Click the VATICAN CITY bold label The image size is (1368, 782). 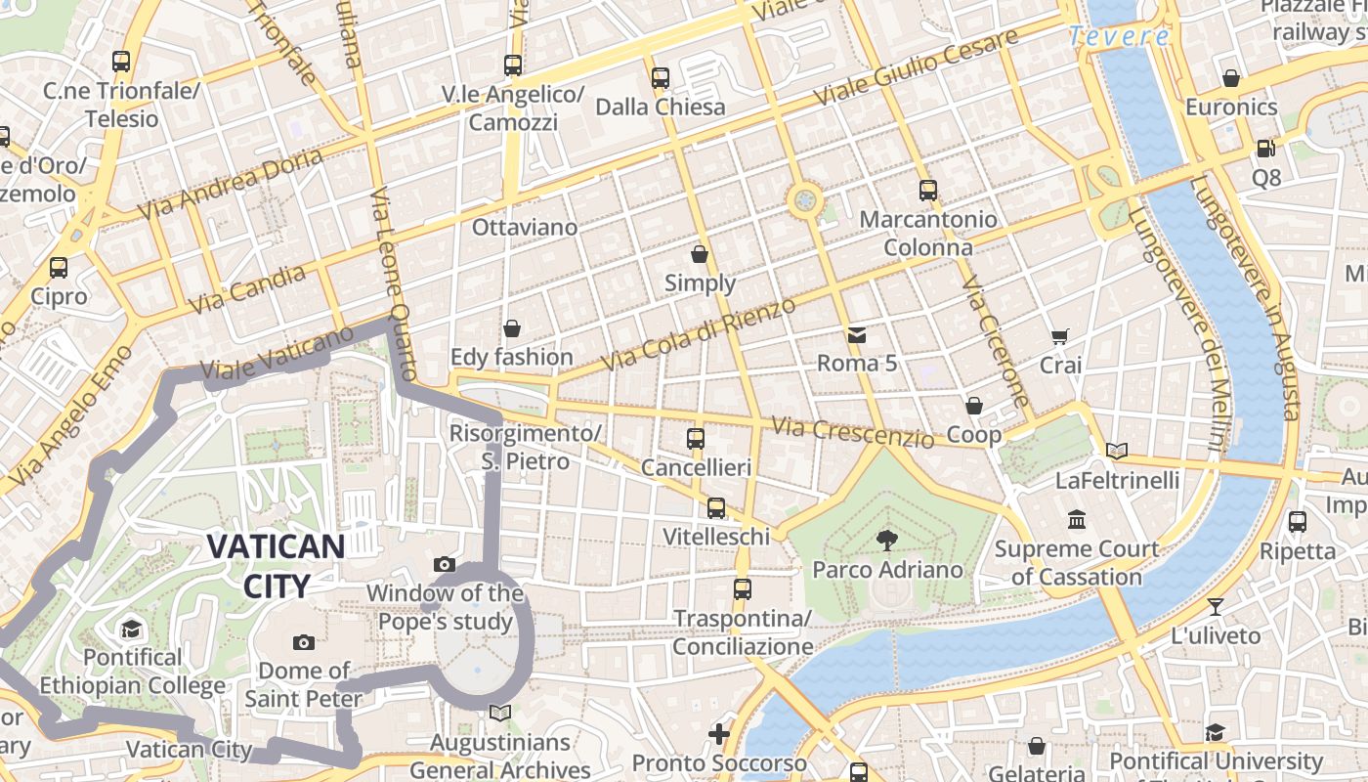[x=276, y=566]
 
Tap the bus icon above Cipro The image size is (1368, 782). [x=59, y=267]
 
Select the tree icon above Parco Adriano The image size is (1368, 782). [x=887, y=539]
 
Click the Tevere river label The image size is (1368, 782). [x=1118, y=37]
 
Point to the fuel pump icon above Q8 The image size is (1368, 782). [x=1265, y=149]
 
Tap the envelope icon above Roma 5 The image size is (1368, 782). [x=856, y=335]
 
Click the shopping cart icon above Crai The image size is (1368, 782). [x=1059, y=336]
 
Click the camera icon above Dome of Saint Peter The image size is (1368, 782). [x=304, y=642]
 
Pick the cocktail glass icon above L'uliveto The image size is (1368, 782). [x=1215, y=606]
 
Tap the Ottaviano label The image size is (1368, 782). [x=525, y=228]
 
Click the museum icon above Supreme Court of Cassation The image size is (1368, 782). [x=1077, y=519]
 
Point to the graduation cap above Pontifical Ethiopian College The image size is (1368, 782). [x=131, y=629]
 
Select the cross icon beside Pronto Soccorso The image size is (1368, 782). [x=719, y=733]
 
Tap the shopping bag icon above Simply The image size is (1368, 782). [x=700, y=255]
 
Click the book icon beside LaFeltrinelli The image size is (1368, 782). [x=1117, y=451]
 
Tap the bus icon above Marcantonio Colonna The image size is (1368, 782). [x=927, y=191]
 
